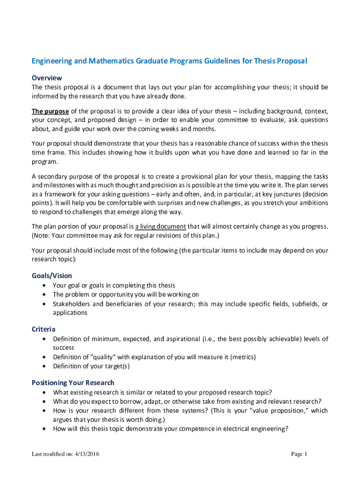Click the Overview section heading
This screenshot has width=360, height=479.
tap(47, 78)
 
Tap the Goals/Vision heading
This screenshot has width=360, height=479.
tap(51, 276)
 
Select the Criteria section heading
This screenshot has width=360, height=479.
tap(43, 329)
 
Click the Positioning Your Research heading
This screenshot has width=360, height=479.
tap(73, 383)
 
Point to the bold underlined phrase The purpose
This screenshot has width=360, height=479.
tap(50, 111)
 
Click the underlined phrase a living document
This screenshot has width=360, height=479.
tap(160, 227)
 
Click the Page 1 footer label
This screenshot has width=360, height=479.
tap(299, 454)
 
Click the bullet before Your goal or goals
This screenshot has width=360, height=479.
tap(44, 285)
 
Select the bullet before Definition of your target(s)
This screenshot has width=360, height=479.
tap(44, 366)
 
